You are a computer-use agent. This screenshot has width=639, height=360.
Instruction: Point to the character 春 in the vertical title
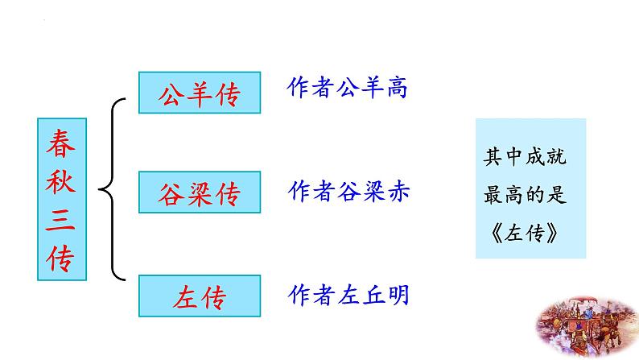pos(60,146)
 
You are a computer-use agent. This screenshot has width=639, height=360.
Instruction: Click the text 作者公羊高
pos(347,88)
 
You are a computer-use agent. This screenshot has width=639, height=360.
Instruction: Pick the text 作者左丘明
pos(347,296)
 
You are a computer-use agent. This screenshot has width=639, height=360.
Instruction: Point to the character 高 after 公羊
pos(396,88)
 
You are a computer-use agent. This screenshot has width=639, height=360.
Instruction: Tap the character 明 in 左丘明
pos(396,296)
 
